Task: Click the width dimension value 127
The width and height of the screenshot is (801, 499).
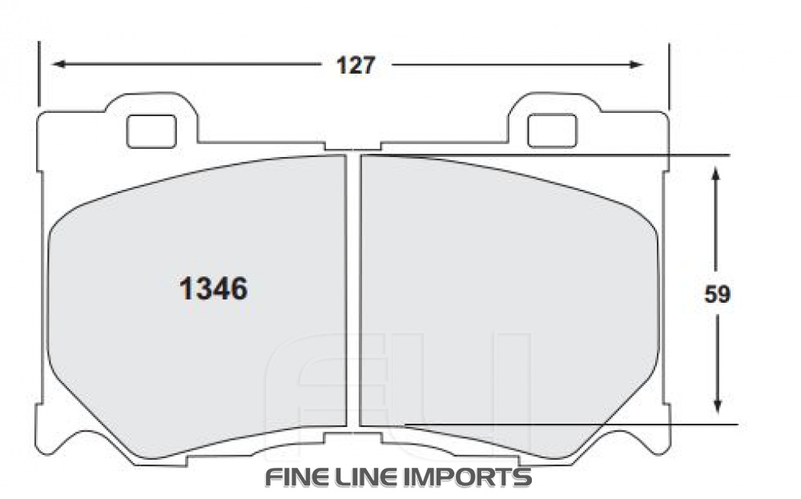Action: (x=355, y=66)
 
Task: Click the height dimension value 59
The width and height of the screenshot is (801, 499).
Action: (x=717, y=295)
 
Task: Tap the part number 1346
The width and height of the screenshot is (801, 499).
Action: (x=212, y=289)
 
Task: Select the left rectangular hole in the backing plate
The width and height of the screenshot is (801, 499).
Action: (x=151, y=131)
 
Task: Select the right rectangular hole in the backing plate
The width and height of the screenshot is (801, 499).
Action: (x=552, y=131)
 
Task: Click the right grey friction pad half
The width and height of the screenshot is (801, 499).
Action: (x=505, y=304)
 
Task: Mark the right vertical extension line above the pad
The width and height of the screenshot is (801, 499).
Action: (x=668, y=76)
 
